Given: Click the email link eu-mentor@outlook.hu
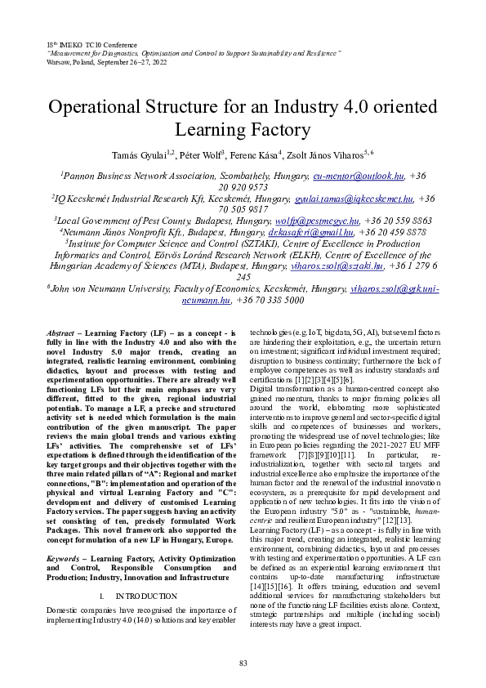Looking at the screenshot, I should point(359,175).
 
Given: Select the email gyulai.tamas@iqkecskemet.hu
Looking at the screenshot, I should point(354,198).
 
